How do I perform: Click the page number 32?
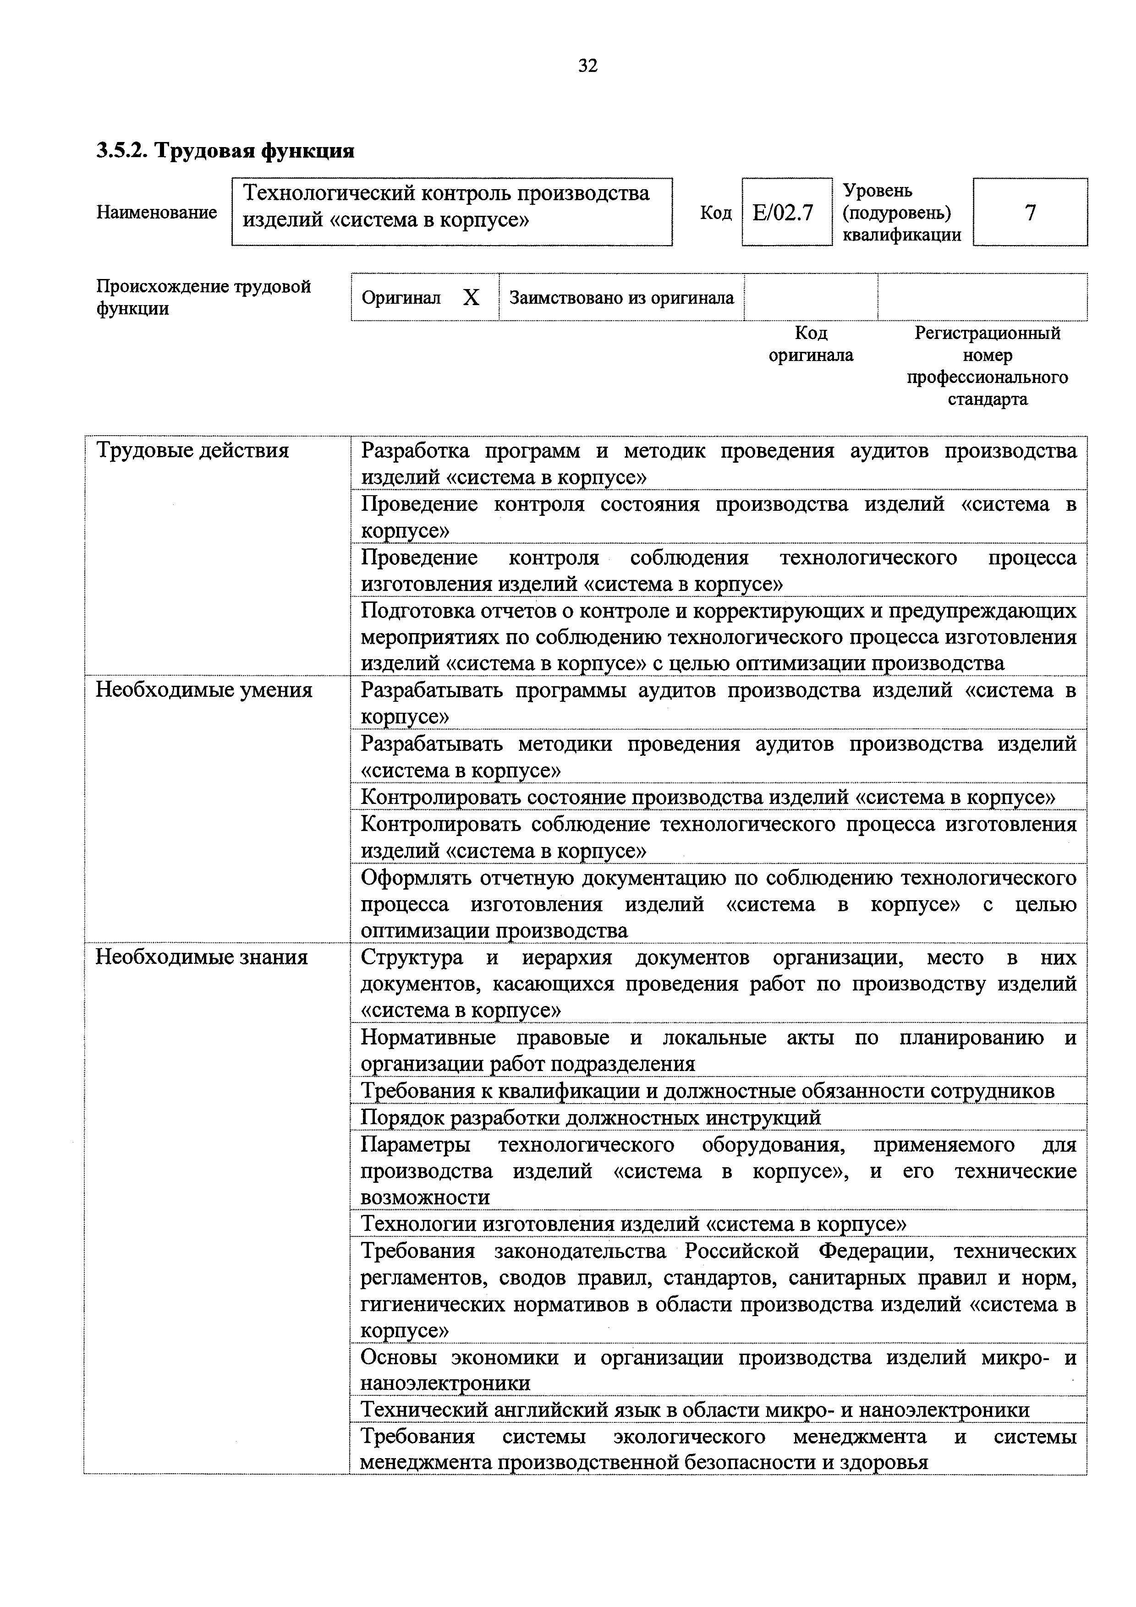(x=587, y=66)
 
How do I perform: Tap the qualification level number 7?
(x=1030, y=212)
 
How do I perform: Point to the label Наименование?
(x=157, y=212)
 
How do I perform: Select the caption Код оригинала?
(x=811, y=344)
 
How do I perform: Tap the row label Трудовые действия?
(x=192, y=450)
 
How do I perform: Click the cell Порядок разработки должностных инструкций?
(x=591, y=1118)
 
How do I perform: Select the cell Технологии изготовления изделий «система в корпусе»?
(x=633, y=1224)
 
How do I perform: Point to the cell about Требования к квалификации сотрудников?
(x=707, y=1091)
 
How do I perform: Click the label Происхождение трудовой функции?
(x=203, y=297)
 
